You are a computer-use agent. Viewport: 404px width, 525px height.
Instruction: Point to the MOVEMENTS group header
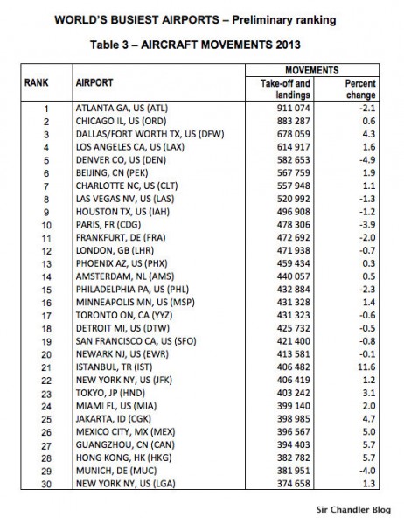[x=314, y=67]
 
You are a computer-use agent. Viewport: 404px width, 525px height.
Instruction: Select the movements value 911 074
[x=289, y=108]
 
